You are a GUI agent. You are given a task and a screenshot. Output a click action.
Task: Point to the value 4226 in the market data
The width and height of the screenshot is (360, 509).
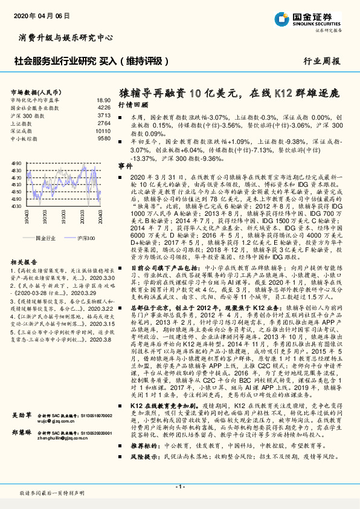104,107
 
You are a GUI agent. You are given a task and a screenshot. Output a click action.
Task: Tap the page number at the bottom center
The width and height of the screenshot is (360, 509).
179,486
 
